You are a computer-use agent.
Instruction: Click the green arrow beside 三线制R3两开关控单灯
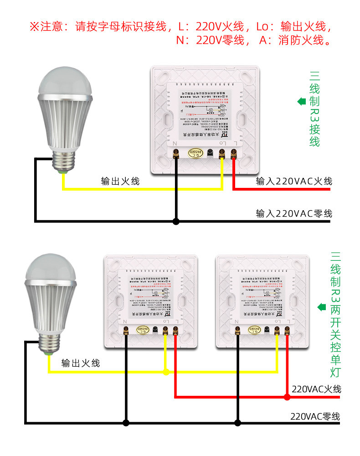322,306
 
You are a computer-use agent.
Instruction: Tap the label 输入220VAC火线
294,181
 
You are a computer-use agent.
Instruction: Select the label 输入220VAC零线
294,213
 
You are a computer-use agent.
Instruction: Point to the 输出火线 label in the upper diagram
120,181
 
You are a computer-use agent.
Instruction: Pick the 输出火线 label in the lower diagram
81,363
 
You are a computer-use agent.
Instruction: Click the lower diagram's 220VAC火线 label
316,389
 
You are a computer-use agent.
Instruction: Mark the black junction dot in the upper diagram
176,222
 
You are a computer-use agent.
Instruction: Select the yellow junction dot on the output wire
166,372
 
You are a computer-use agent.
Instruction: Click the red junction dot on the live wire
287,397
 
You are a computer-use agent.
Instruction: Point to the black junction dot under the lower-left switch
126,423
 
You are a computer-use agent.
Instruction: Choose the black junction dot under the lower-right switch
237,423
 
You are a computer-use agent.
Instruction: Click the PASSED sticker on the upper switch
195,154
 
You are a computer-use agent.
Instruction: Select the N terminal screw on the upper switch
176,154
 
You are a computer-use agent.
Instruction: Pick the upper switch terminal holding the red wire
234,155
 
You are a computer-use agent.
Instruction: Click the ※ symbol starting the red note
35,26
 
